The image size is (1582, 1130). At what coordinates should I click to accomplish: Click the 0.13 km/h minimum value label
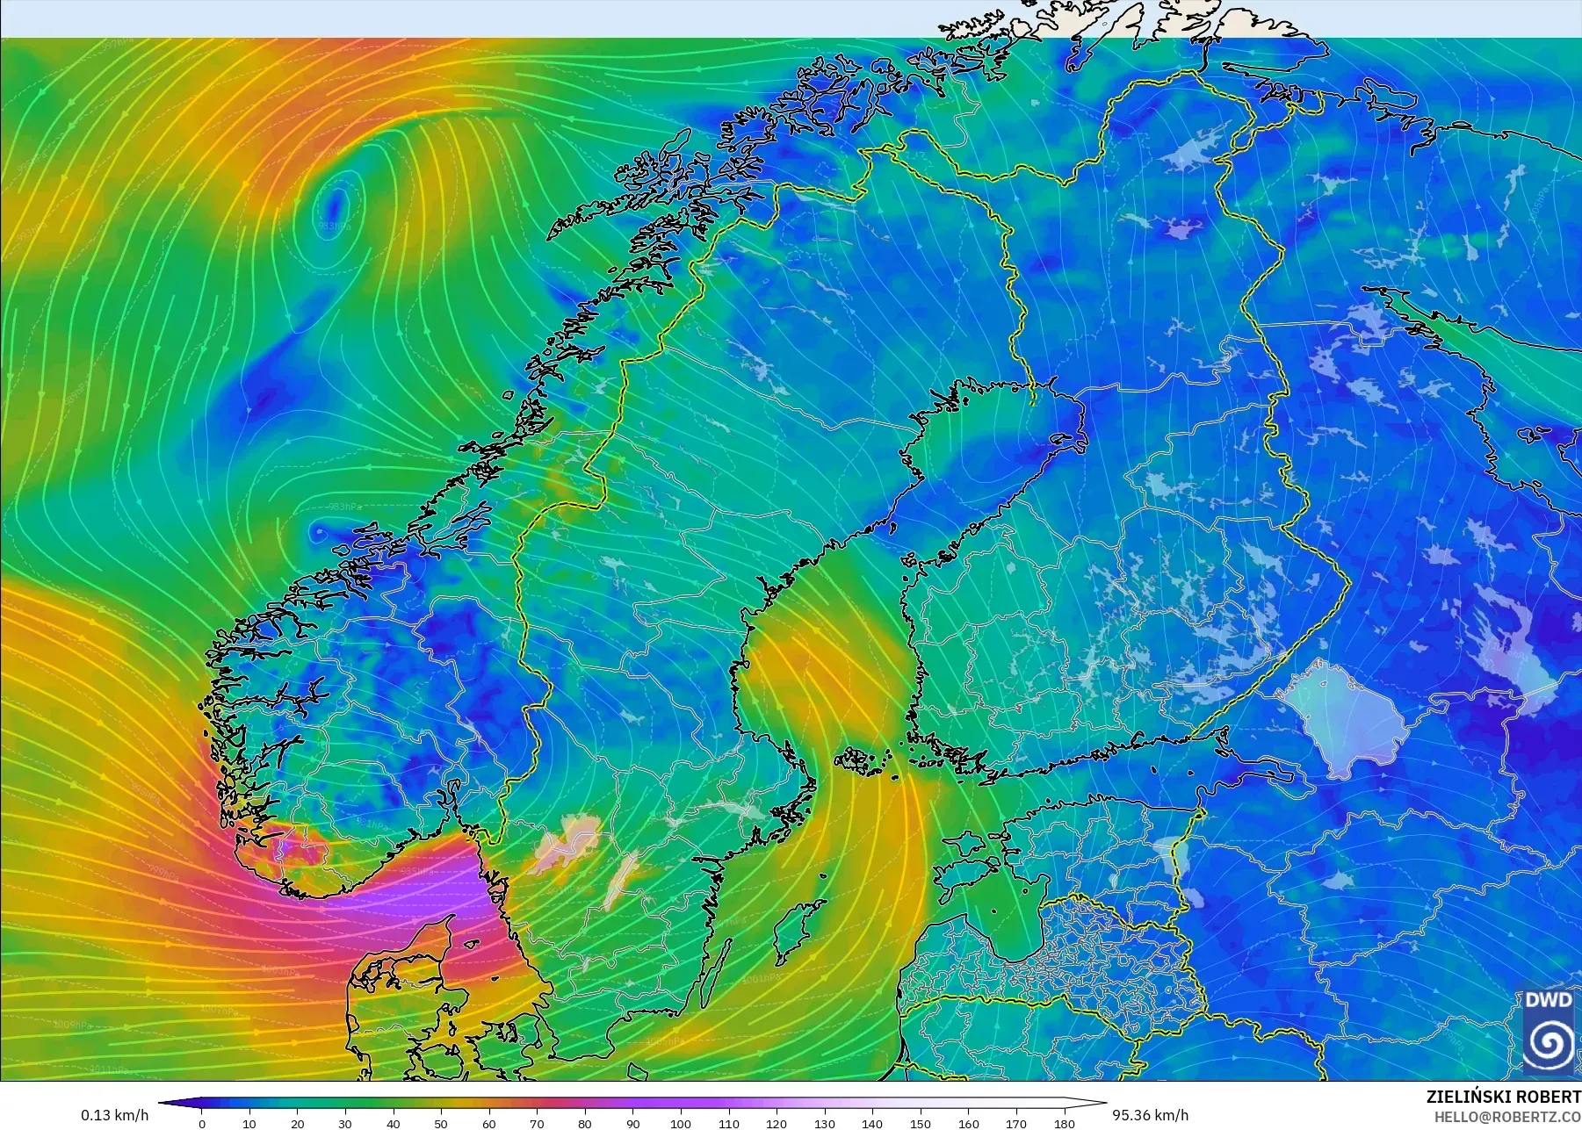point(114,1115)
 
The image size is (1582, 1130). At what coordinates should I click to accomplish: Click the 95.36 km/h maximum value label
point(1150,1115)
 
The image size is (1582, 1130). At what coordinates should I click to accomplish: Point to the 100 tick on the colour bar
point(681,1123)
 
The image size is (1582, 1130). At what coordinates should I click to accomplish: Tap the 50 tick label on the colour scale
point(441,1123)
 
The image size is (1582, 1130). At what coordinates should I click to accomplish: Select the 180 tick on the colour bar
point(1064,1123)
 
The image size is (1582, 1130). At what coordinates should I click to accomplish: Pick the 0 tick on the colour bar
point(202,1123)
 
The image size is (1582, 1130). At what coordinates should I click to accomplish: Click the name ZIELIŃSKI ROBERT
point(1503,1097)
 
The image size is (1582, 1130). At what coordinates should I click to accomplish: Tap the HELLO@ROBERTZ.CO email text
point(1507,1117)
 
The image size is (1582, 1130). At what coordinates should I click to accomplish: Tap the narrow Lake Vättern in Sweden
point(622,878)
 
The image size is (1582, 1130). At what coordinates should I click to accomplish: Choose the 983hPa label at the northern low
point(334,227)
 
